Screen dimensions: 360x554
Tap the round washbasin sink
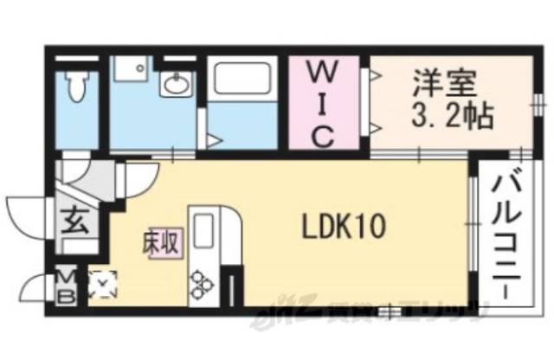click(177, 84)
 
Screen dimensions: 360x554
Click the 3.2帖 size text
click(442, 117)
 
